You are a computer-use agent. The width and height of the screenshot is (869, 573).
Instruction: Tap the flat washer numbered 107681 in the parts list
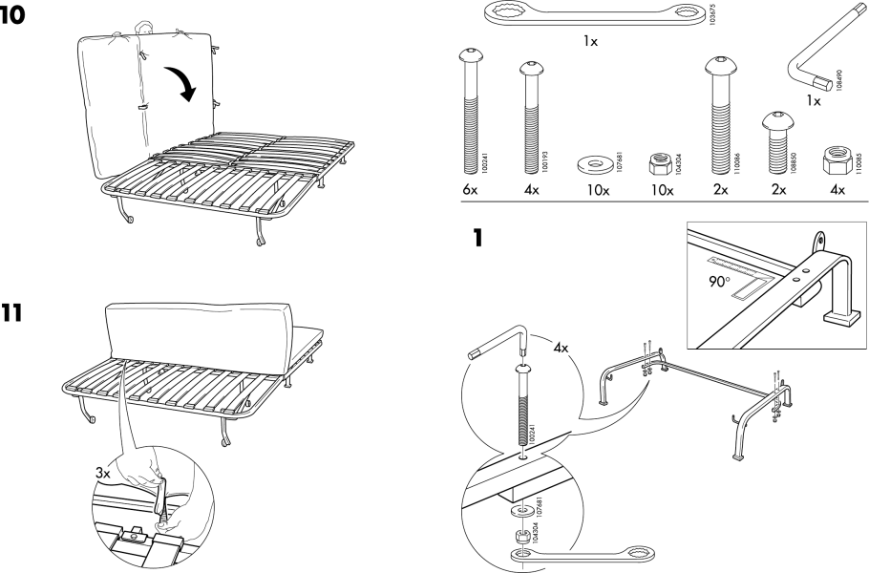tap(597, 164)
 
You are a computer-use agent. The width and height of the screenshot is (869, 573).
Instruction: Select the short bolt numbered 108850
tap(775, 138)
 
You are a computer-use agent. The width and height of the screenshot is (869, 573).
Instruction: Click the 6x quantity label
tap(470, 191)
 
